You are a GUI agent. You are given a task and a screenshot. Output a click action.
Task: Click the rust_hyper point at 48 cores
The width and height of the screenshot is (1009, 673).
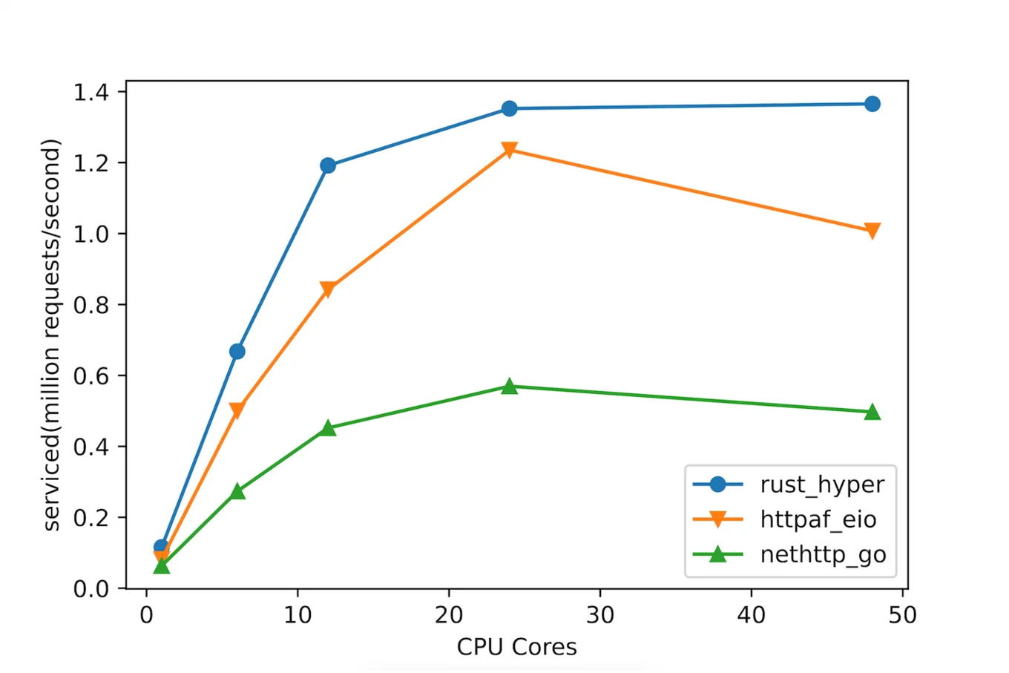click(872, 104)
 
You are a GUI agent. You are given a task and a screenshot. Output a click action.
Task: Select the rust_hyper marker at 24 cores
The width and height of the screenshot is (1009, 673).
click(509, 108)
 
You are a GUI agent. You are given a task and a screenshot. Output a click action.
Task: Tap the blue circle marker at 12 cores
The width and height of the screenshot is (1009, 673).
click(328, 165)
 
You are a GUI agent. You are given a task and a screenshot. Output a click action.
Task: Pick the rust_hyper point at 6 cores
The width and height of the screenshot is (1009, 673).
click(237, 351)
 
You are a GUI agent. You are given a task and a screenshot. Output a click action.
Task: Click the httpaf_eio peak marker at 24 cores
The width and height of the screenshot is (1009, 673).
click(509, 150)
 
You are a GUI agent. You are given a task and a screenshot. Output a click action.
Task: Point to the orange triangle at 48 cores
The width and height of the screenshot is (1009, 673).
click(872, 231)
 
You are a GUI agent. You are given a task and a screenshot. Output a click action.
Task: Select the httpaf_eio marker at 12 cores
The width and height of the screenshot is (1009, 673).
click(328, 289)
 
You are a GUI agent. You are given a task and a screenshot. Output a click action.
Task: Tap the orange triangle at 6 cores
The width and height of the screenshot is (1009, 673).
click(237, 410)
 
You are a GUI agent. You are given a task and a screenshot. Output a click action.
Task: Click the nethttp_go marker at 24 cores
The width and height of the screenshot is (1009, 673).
click(509, 386)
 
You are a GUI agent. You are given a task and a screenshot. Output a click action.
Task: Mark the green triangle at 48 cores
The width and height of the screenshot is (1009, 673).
click(872, 412)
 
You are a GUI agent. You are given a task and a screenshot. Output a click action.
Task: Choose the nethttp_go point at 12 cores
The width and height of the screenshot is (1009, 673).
click(328, 428)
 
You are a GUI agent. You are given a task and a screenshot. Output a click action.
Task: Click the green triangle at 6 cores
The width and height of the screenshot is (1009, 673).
click(237, 491)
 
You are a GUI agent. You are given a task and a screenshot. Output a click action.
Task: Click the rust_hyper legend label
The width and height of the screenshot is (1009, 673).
click(822, 485)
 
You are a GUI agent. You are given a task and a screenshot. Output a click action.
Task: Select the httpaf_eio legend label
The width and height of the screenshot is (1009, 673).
click(818, 519)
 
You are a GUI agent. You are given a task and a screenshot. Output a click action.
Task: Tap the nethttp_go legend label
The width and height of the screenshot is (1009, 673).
click(823, 554)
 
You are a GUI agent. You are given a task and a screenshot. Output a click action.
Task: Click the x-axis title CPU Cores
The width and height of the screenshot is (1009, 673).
click(516, 647)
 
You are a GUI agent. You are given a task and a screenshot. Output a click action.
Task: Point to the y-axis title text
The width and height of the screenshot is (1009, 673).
click(51, 335)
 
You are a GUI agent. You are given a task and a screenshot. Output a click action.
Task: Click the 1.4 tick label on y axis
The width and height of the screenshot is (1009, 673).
click(91, 92)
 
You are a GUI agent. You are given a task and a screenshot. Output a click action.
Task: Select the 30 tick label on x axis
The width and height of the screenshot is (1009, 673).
click(599, 615)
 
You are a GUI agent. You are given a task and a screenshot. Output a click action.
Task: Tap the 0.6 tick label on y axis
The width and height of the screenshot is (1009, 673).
click(91, 376)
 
